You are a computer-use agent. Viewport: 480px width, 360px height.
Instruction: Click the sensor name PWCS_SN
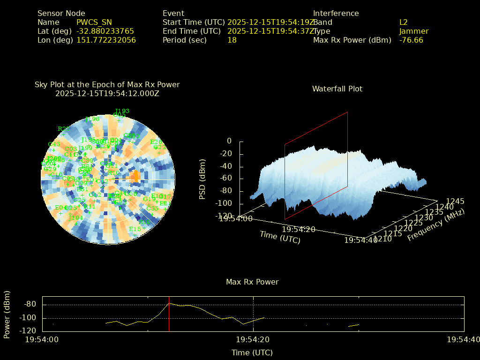pyautogui.click(x=94, y=22)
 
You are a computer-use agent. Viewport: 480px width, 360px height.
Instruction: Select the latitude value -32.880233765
pyautogui.click(x=105, y=31)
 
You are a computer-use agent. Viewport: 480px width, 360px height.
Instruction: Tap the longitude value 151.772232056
pyautogui.click(x=106, y=40)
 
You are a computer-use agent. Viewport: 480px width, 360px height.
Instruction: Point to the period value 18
pyautogui.click(x=232, y=40)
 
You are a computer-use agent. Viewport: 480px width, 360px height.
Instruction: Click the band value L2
pyautogui.click(x=404, y=22)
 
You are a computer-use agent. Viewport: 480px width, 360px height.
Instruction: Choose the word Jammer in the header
pyautogui.click(x=414, y=31)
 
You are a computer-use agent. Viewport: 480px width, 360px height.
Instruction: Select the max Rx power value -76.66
pyautogui.click(x=411, y=40)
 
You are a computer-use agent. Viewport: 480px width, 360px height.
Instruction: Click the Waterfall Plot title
pyautogui.click(x=337, y=89)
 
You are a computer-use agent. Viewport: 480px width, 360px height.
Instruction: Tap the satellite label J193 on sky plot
pyautogui.click(x=122, y=111)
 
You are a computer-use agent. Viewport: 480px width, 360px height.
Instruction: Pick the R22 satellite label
pyautogui.click(x=63, y=129)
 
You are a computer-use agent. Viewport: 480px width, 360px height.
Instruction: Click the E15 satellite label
pyautogui.click(x=135, y=229)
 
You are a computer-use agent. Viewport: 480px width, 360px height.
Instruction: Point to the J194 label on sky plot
pyautogui.click(x=75, y=217)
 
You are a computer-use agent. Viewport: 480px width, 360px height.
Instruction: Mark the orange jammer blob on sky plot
pyautogui.click(x=135, y=177)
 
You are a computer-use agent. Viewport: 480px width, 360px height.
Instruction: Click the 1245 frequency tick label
pyautogui.click(x=455, y=202)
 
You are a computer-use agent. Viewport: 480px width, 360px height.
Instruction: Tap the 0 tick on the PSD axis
pyautogui.click(x=229, y=141)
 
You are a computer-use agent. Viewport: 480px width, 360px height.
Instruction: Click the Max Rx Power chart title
pyautogui.click(x=252, y=282)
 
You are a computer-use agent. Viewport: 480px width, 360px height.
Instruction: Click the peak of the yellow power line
pyautogui.click(x=170, y=303)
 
